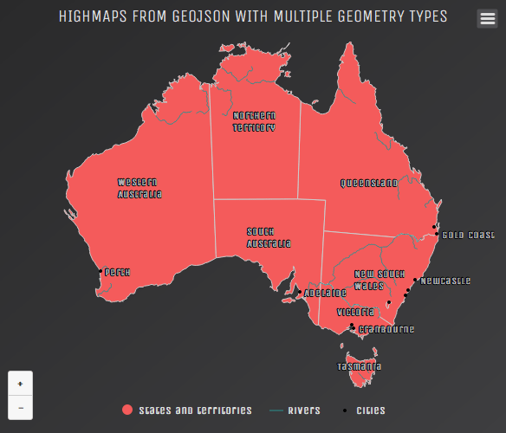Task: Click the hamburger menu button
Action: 487,18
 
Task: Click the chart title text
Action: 253,16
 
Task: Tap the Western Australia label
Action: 139,188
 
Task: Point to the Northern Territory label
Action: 254,121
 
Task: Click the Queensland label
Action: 368,183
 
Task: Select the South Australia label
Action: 268,237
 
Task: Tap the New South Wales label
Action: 374,279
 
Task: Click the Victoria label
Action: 355,311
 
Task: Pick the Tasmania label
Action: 359,366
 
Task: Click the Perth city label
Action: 117,272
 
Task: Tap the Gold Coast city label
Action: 468,235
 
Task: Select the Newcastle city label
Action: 445,281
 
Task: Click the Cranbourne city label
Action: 386,329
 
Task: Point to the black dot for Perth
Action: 98,272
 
